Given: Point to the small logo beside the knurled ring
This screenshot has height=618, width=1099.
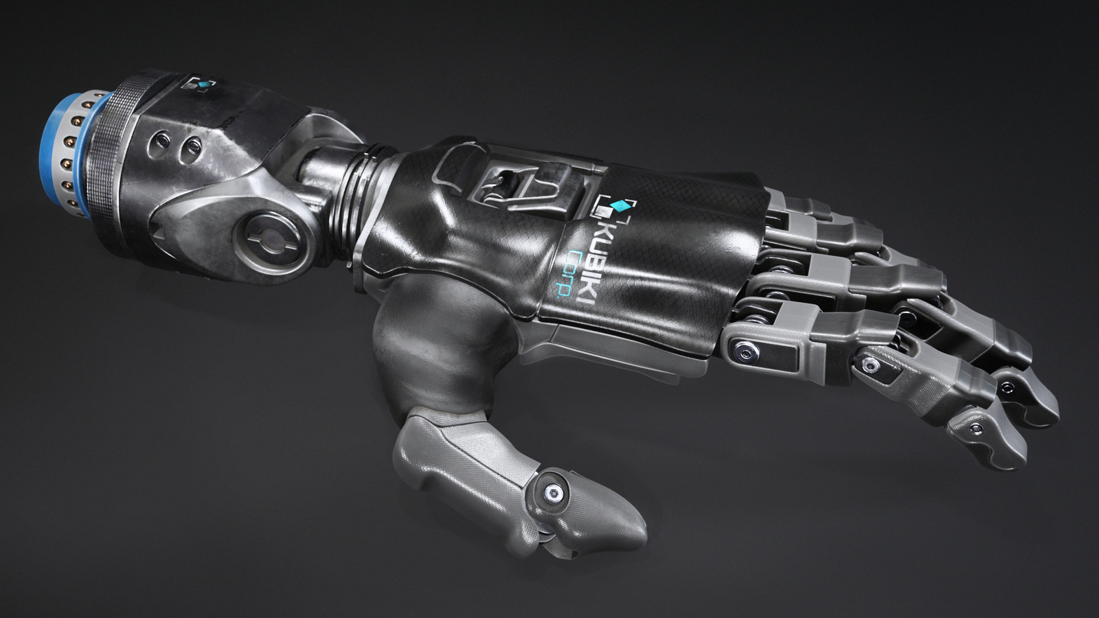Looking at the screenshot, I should (200, 86).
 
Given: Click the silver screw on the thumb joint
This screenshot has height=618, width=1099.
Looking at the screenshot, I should (552, 493).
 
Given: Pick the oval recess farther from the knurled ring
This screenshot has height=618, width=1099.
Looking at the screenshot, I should (192, 146).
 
